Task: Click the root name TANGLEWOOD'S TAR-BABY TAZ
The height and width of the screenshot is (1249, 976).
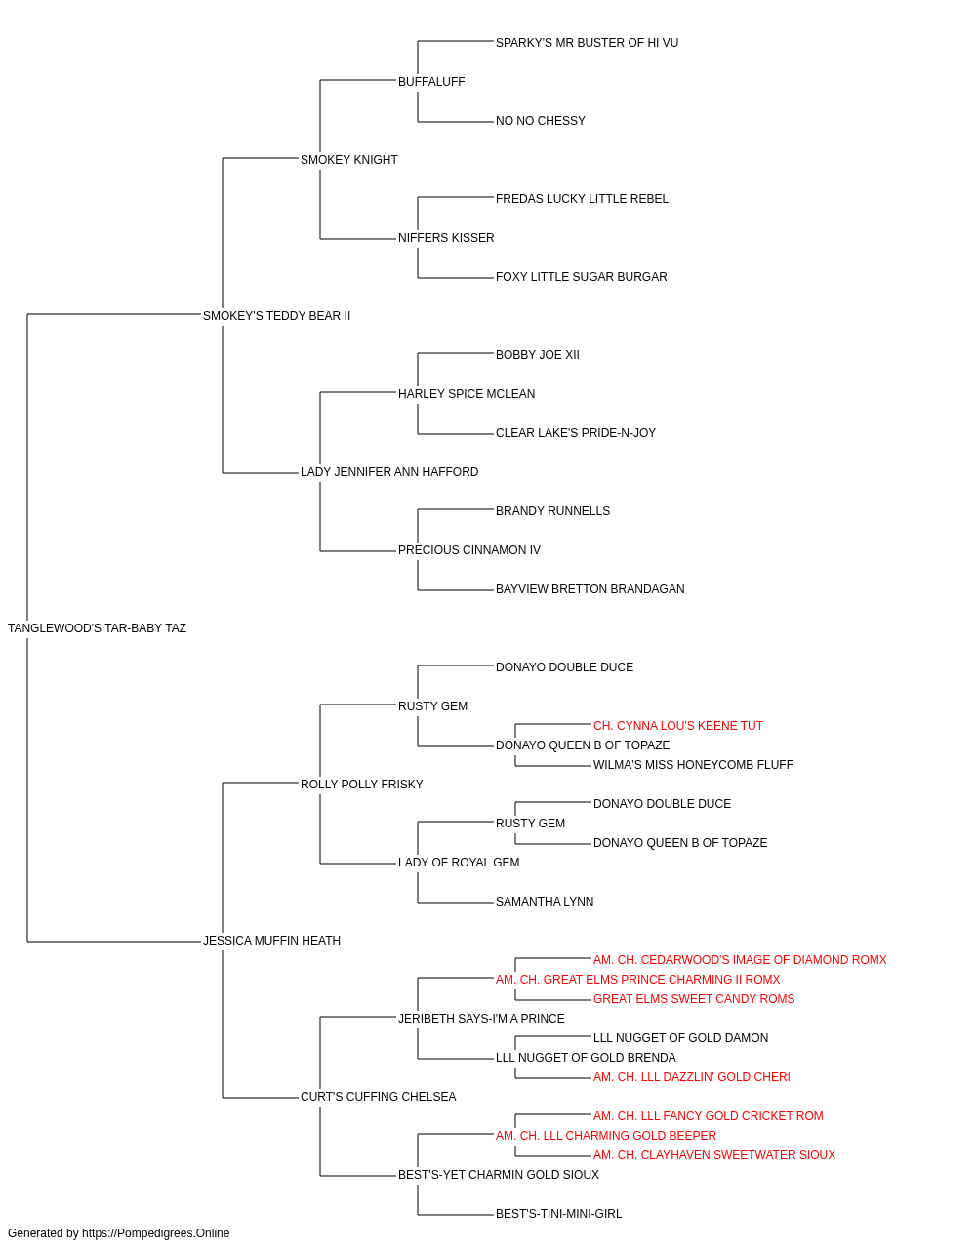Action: tap(97, 628)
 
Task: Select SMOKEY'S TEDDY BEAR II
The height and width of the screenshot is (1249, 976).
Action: tap(276, 316)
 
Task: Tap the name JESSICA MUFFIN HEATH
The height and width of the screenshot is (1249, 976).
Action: tap(271, 941)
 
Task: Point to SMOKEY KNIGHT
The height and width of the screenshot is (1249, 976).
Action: tap(348, 160)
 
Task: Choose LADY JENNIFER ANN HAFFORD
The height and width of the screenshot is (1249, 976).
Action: tap(389, 472)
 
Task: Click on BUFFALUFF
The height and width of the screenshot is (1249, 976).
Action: tap(431, 82)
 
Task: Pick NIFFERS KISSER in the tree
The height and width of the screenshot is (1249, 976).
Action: tap(446, 238)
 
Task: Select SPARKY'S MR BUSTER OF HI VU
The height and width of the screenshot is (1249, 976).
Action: tap(587, 43)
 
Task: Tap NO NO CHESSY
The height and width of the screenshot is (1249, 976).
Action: tap(541, 121)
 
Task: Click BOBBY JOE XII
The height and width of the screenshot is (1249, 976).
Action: tap(538, 354)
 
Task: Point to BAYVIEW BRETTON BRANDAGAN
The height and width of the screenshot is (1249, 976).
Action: tap(590, 589)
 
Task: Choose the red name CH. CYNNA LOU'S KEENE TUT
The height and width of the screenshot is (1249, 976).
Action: tap(677, 726)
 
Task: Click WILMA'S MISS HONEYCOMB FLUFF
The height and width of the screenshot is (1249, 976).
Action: tap(693, 764)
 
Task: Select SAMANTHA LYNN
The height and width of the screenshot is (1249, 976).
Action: tap(545, 902)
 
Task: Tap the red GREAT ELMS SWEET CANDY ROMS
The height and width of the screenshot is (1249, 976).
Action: tap(694, 999)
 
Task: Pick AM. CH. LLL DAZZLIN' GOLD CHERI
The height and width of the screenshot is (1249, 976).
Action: tap(691, 1077)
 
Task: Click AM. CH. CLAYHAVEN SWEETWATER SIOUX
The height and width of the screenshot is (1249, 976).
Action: tap(713, 1155)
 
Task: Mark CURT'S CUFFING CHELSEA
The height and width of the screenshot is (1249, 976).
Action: tap(379, 1097)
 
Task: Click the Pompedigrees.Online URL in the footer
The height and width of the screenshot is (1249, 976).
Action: tap(155, 1233)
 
